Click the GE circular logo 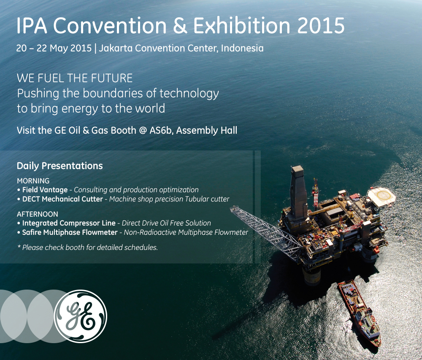pyautogui.click(x=81, y=316)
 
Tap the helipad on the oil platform pyautogui.click(x=381, y=197)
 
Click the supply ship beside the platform pyautogui.click(x=359, y=313)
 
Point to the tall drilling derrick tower pyautogui.click(x=298, y=193)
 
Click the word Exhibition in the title pyautogui.click(x=241, y=26)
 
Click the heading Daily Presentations pyautogui.click(x=60, y=166)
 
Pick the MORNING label pyautogui.click(x=33, y=181)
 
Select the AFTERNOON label pyautogui.click(x=38, y=214)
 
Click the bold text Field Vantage pyautogui.click(x=45, y=190)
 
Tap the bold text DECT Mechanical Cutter pyautogui.click(x=62, y=199)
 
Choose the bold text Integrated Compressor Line pyautogui.click(x=69, y=223)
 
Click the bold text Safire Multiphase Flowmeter pyautogui.click(x=70, y=232)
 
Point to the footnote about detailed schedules pyautogui.click(x=87, y=247)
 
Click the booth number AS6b pyautogui.click(x=161, y=130)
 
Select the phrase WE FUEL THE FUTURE pyautogui.click(x=75, y=78)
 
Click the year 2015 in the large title pyautogui.click(x=321, y=26)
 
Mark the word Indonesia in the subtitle pyautogui.click(x=242, y=48)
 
